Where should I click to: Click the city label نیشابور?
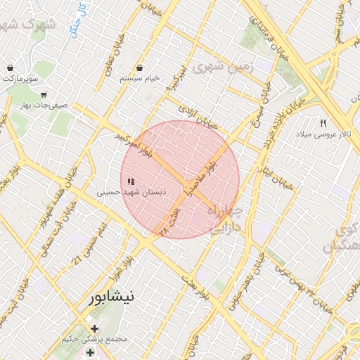(x=111, y=297)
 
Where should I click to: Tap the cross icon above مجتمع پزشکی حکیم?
(x=94, y=328)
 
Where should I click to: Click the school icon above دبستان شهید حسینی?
(x=131, y=181)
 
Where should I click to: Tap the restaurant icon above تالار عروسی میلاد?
(x=323, y=123)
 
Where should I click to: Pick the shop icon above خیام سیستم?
(x=142, y=69)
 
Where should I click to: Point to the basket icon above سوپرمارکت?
(x=11, y=67)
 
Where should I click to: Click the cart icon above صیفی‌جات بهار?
(x=44, y=94)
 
